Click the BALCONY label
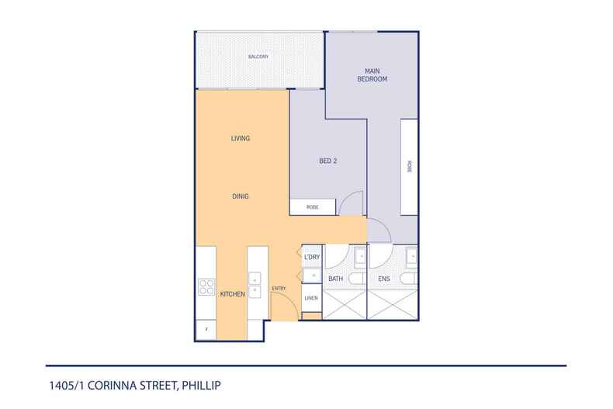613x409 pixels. (258, 57)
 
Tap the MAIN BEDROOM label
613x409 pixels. (372, 75)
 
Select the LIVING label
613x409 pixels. (241, 138)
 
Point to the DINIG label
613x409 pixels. (241, 196)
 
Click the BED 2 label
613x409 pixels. (328, 161)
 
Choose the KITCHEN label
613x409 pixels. (233, 294)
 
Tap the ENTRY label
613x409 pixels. (279, 289)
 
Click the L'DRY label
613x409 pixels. (312, 257)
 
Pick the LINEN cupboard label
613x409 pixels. (311, 298)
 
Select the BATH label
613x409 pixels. (335, 279)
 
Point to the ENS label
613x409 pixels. (384, 279)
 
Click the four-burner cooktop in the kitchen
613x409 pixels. (206, 286)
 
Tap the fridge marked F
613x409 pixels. (206, 330)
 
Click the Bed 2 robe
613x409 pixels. (313, 207)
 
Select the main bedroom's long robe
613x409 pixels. (410, 167)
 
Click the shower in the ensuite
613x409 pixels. (393, 304)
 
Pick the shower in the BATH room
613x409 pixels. (345, 304)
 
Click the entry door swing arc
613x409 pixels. (291, 298)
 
